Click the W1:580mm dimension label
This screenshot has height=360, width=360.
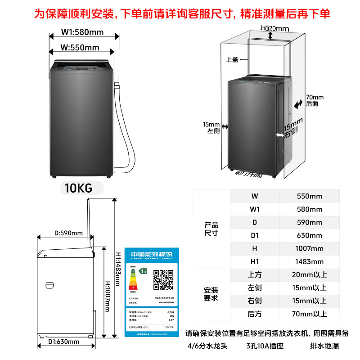82,32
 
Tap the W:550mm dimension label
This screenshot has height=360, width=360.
80,48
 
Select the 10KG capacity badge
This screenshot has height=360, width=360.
78,188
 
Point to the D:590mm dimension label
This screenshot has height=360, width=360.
68,233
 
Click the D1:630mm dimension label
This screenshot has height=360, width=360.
63,342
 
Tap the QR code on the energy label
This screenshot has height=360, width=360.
163,279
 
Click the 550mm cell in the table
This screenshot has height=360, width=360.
310,196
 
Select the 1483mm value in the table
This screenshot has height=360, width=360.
310,261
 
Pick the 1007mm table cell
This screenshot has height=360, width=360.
310,248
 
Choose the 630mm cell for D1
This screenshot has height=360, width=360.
310,235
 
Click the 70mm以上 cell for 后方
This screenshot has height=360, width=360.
310,314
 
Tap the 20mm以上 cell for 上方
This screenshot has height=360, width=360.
310,274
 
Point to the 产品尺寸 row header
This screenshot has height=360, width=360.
211,229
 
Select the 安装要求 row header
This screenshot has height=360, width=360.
211,294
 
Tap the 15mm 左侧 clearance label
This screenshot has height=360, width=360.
211,128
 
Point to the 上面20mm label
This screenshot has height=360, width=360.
274,28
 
